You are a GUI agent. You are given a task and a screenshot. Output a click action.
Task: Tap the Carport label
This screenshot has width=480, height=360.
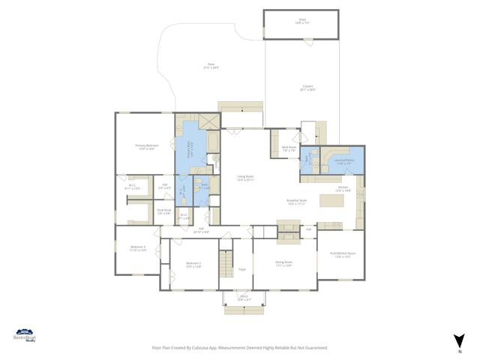pyautogui.click(x=307, y=88)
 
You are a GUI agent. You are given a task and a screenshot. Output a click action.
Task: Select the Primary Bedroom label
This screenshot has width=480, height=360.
pyautogui.click(x=146, y=146)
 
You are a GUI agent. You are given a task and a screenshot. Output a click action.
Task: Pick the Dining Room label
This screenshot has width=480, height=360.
pyautogui.click(x=283, y=263)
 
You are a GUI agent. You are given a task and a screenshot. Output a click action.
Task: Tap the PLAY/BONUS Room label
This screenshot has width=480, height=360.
pyautogui.click(x=340, y=255)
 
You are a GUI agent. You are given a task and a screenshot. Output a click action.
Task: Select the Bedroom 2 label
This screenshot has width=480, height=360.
pyautogui.click(x=193, y=264)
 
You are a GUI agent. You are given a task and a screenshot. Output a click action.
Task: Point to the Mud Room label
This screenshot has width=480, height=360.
pyautogui.click(x=289, y=149)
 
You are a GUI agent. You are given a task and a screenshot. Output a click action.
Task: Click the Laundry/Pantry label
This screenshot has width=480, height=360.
pyautogui.click(x=345, y=162)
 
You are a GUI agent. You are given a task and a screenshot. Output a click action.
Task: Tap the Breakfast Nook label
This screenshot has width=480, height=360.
pyautogui.click(x=297, y=202)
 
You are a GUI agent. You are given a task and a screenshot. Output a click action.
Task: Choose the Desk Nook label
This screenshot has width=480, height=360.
pyautogui.click(x=163, y=212)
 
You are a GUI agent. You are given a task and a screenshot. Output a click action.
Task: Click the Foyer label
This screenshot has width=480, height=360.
pyautogui.click(x=242, y=268)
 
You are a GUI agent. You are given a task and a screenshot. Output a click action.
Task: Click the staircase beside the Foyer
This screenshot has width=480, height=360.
pyautogui.click(x=226, y=265)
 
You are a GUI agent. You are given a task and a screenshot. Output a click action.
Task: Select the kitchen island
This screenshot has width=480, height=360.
pyautogui.click(x=328, y=200)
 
